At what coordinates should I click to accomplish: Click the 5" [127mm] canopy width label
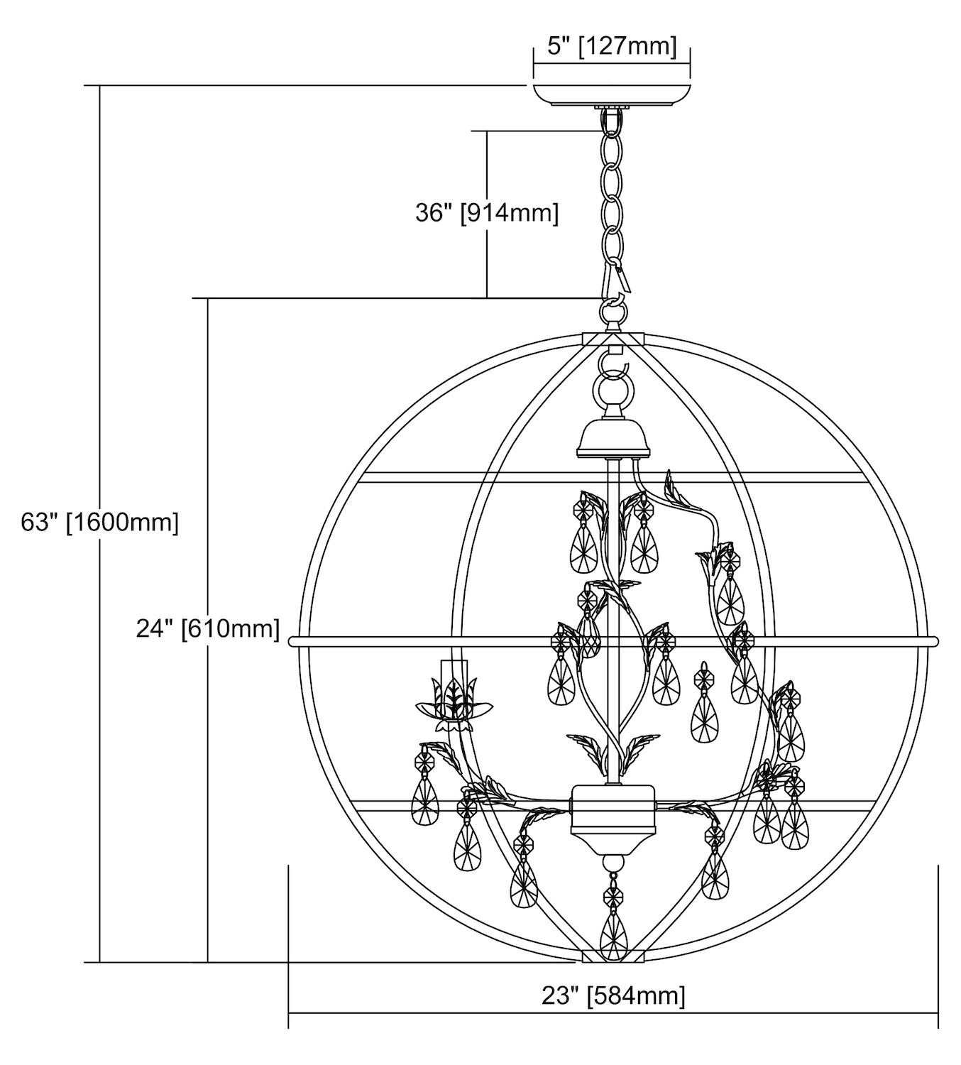pyautogui.click(x=612, y=47)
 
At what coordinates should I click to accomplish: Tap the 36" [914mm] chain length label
pyautogui.click(x=487, y=212)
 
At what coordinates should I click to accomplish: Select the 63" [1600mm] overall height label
pyautogui.click(x=100, y=523)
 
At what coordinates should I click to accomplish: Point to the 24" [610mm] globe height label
pyautogui.click(x=208, y=628)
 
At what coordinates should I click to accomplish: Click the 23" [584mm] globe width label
pyautogui.click(x=613, y=995)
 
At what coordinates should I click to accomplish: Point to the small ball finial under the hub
pyautogui.click(x=613, y=863)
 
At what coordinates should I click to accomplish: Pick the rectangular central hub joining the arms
pyautogui.click(x=613, y=809)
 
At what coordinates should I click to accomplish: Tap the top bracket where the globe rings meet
pyautogui.click(x=613, y=339)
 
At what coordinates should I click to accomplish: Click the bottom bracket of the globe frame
pyautogui.click(x=613, y=958)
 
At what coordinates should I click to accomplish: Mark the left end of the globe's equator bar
pyautogui.click(x=292, y=642)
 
